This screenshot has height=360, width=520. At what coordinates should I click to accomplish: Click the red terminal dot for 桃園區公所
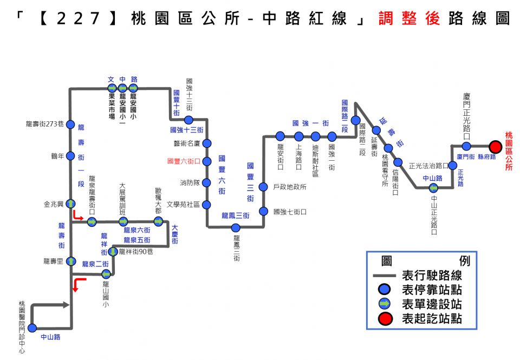496,146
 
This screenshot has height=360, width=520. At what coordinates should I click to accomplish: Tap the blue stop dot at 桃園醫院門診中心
32,328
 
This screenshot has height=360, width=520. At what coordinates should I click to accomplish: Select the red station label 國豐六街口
184,161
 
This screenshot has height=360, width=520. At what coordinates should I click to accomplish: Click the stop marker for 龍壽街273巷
70,125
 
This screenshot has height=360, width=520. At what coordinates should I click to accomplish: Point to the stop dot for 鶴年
70,155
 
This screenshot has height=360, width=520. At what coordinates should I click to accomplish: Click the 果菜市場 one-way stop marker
112,88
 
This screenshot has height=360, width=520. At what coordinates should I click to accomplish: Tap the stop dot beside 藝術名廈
207,143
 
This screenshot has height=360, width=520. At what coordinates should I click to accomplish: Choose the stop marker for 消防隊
206,182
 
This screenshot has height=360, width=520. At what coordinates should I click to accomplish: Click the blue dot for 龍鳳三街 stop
236,228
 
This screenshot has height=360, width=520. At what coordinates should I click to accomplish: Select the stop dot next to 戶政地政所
263,187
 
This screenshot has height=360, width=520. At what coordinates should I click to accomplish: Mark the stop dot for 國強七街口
263,211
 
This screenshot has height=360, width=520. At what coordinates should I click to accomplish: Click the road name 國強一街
310,123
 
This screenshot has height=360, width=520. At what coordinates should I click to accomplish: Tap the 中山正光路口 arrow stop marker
433,188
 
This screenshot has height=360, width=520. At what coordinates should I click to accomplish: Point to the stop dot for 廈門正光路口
466,146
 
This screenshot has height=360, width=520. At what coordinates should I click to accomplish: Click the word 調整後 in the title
409,18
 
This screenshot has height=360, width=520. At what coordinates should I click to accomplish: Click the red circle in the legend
385,318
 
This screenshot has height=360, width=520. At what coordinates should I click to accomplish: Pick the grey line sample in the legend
385,276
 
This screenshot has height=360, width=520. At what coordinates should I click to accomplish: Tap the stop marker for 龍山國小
106,274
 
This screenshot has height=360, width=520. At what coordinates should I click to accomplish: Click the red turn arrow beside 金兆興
78,215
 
